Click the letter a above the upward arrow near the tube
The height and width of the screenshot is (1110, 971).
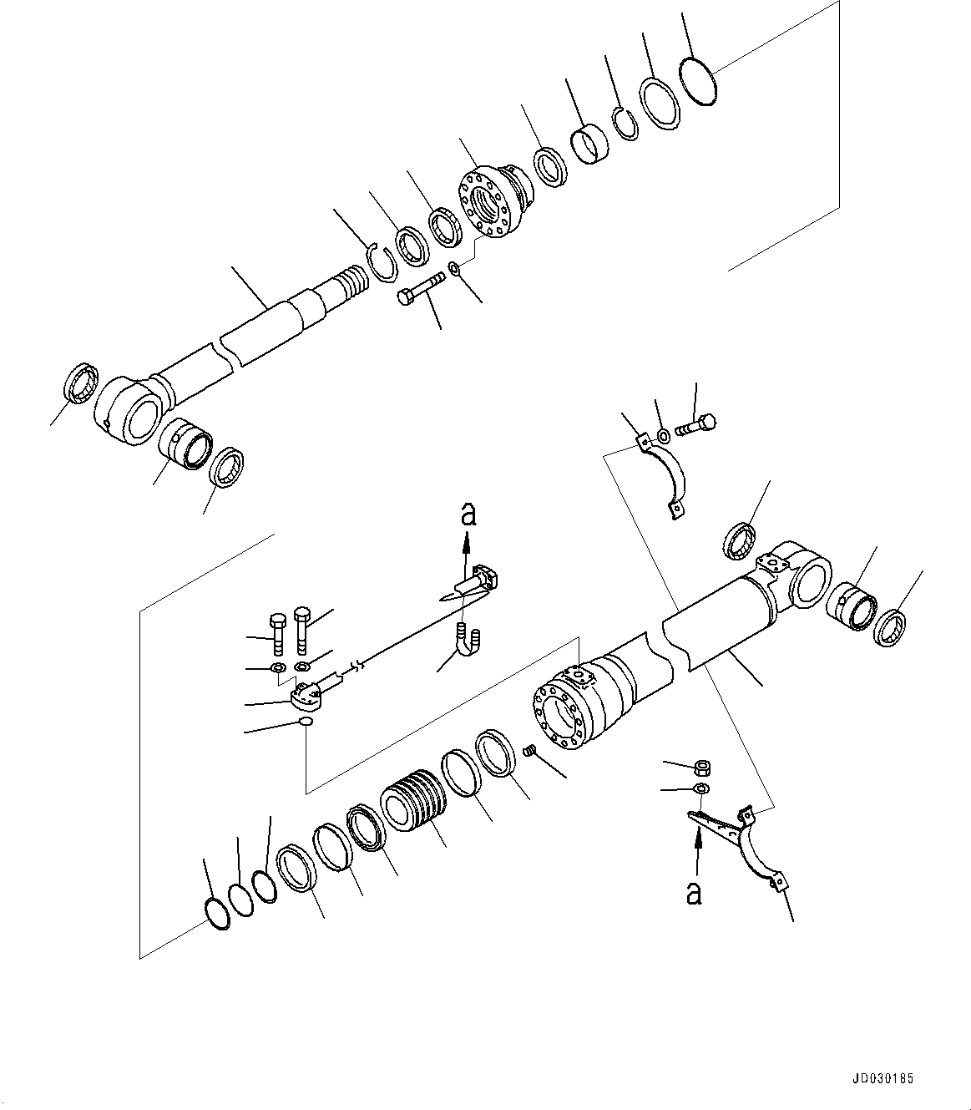click(x=469, y=514)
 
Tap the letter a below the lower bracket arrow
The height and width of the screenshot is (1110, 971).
click(x=694, y=893)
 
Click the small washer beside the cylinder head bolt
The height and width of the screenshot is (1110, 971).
click(x=453, y=267)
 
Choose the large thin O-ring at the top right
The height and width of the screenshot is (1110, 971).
click(x=697, y=81)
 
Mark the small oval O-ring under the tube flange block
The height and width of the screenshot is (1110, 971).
click(x=306, y=722)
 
